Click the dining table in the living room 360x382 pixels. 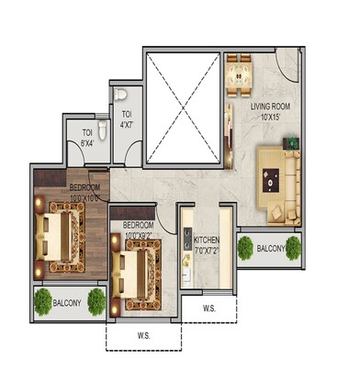pyautogui.click(x=241, y=71)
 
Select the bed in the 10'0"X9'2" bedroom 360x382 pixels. pyautogui.click(x=135, y=268)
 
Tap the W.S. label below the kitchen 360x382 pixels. pyautogui.click(x=208, y=308)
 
